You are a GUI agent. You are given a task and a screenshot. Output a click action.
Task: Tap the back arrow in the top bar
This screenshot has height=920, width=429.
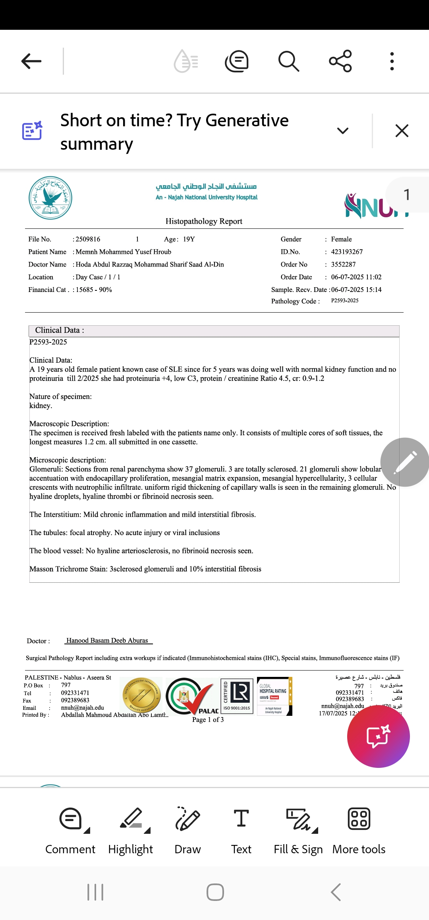click(31, 61)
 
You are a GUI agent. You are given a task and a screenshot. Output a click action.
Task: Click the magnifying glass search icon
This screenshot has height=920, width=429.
click(288, 61)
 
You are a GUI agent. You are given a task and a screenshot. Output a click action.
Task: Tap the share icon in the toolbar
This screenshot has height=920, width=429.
click(340, 61)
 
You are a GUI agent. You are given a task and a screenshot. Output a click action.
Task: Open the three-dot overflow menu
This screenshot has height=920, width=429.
click(392, 61)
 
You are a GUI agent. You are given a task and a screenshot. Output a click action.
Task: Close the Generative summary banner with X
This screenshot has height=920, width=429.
click(402, 131)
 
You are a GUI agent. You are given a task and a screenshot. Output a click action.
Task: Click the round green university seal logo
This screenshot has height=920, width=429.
click(50, 198)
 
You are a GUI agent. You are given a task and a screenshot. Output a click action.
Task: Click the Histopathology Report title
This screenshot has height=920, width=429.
click(204, 221)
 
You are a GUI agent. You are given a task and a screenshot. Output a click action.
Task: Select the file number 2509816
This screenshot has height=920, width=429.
click(88, 239)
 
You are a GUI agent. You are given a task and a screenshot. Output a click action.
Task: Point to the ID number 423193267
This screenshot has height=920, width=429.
click(347, 252)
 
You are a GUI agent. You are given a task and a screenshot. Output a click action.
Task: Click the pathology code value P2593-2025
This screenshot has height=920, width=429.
click(345, 301)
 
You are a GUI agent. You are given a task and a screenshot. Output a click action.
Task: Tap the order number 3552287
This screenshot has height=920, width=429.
click(343, 265)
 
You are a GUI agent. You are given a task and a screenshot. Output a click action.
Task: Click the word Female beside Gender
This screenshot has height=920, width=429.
click(341, 239)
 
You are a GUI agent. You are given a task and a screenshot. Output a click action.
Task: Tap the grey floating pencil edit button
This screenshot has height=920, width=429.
click(404, 462)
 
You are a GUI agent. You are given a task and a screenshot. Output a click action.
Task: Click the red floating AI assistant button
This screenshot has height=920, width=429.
click(378, 736)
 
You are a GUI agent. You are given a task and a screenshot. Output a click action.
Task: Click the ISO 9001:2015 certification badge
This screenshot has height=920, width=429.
click(237, 696)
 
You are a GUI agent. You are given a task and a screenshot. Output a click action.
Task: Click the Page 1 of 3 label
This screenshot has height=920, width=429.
click(208, 720)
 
